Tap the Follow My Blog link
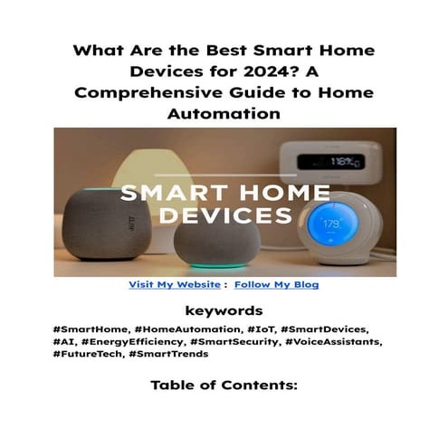point(276,284)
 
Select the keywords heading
point(224,310)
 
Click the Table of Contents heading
point(224,386)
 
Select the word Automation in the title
point(224,116)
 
